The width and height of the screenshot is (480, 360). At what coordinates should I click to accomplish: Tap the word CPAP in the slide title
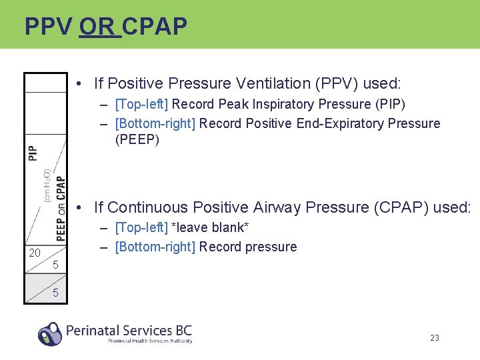pos(155,27)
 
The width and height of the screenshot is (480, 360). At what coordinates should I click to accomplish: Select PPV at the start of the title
pos(49,27)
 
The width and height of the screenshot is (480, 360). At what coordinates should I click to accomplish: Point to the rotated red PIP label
pos(33,153)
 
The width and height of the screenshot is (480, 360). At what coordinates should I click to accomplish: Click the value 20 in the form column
pos(35,253)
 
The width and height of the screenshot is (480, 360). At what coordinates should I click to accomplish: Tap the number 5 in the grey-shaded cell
pos(55,293)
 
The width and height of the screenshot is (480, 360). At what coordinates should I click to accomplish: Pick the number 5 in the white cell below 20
pos(55,265)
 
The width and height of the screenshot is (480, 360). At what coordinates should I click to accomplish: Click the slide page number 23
pos(435,338)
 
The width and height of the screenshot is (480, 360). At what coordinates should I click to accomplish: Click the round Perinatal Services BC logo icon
pos(50,333)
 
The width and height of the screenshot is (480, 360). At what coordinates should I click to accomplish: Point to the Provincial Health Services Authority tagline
pos(150,341)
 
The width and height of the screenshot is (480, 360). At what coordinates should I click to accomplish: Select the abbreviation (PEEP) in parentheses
pos(137,140)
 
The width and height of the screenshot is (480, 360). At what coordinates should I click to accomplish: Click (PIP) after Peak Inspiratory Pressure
pos(390,104)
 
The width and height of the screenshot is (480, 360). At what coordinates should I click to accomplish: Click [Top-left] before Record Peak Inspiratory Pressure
pos(142,104)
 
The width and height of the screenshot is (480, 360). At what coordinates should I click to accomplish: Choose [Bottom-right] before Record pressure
pos(155,247)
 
